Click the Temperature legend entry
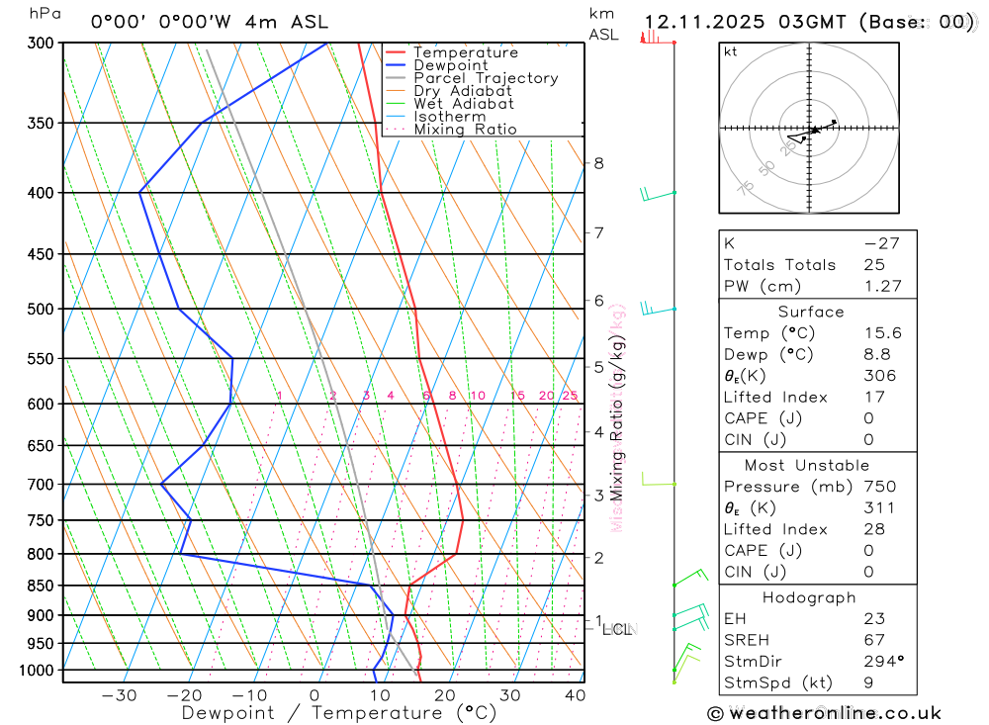coord(465,52)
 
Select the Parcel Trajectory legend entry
coord(486,78)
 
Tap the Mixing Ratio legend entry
coord(465,130)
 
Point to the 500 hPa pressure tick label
coord(42,309)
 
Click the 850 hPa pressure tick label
coord(42,586)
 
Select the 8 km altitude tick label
coord(598,163)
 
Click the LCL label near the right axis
coord(617,629)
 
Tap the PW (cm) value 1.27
coord(882,286)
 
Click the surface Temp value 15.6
coord(882,333)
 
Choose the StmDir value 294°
coord(883,662)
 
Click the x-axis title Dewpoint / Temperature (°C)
coord(339,713)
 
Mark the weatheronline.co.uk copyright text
coord(825,713)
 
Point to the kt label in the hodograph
coord(731,51)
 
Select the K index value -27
coord(882,243)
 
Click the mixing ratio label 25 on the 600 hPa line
coord(570,396)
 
